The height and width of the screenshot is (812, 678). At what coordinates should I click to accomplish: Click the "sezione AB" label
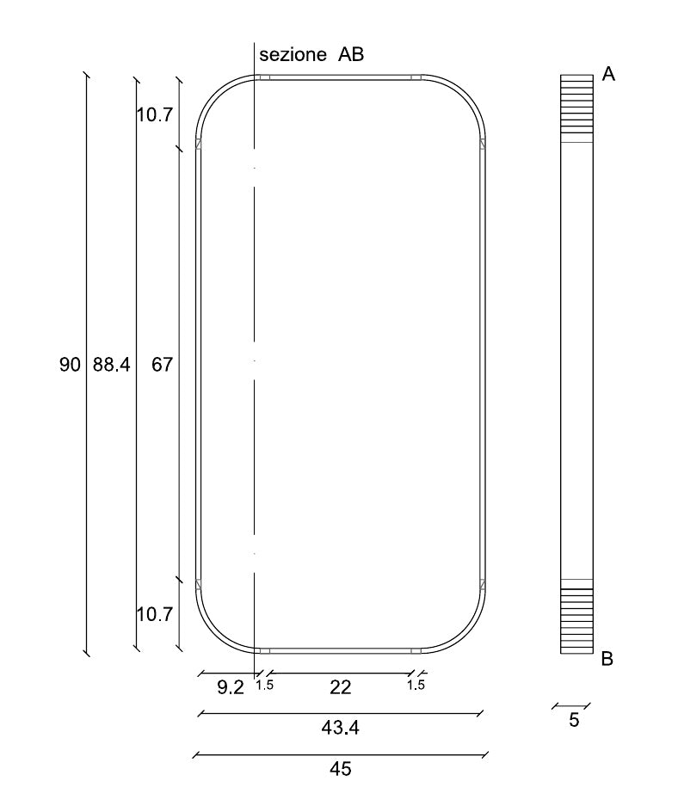(311, 54)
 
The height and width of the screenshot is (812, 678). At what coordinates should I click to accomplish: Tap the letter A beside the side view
(608, 75)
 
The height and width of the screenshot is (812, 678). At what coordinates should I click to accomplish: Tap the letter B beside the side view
(607, 659)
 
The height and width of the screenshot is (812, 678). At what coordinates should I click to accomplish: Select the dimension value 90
(70, 365)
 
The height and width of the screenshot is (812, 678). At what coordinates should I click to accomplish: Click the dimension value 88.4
(111, 365)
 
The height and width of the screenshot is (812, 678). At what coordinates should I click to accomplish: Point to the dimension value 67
(162, 365)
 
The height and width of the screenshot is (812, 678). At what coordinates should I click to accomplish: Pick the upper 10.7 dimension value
(154, 114)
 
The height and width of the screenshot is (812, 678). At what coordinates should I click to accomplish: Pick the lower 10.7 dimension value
(154, 615)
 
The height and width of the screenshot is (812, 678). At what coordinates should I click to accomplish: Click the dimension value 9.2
(230, 688)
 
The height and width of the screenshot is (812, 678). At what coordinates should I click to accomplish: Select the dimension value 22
(341, 688)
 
